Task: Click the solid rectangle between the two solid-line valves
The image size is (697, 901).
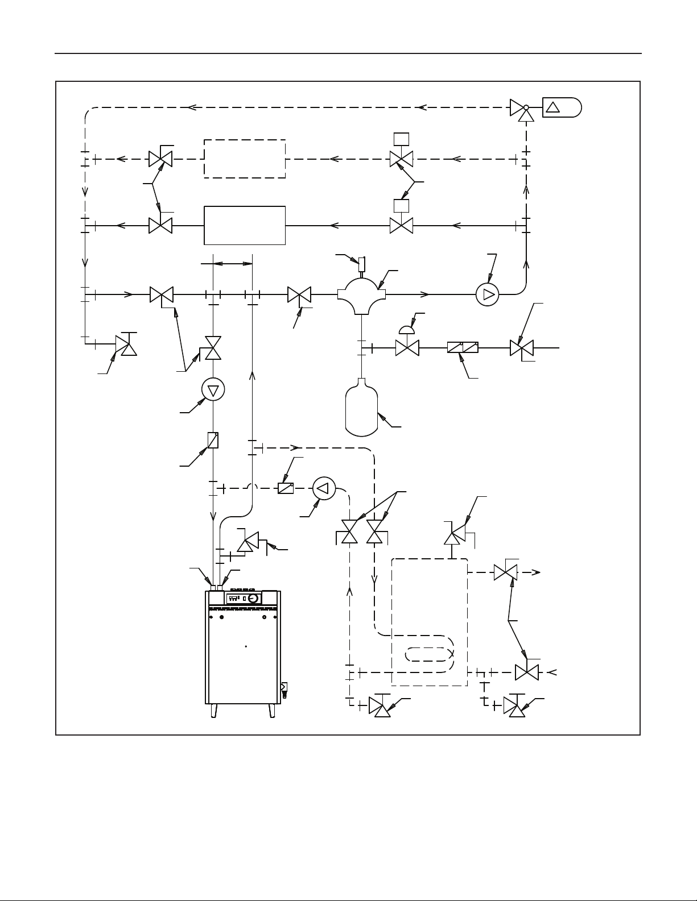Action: (245, 225)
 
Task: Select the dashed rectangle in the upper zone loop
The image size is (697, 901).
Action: (245, 159)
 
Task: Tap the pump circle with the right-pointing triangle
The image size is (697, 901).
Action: (487, 294)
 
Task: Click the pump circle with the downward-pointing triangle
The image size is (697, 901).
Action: (213, 389)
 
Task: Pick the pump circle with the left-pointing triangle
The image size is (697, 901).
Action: (324, 488)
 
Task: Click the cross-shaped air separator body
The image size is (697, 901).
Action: (362, 294)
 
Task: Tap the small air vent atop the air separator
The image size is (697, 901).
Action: (362, 264)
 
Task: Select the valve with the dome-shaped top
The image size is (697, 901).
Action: (407, 343)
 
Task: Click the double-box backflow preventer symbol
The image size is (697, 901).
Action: (463, 347)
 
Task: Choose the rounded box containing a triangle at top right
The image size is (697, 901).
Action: (562, 107)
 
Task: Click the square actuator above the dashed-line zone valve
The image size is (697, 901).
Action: (402, 138)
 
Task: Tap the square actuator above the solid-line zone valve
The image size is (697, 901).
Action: (402, 205)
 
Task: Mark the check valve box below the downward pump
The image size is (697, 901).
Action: (213, 440)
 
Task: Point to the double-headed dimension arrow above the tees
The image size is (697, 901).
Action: (232, 263)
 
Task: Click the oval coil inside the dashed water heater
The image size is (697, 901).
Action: (430, 654)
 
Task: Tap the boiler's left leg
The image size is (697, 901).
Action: (214, 711)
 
